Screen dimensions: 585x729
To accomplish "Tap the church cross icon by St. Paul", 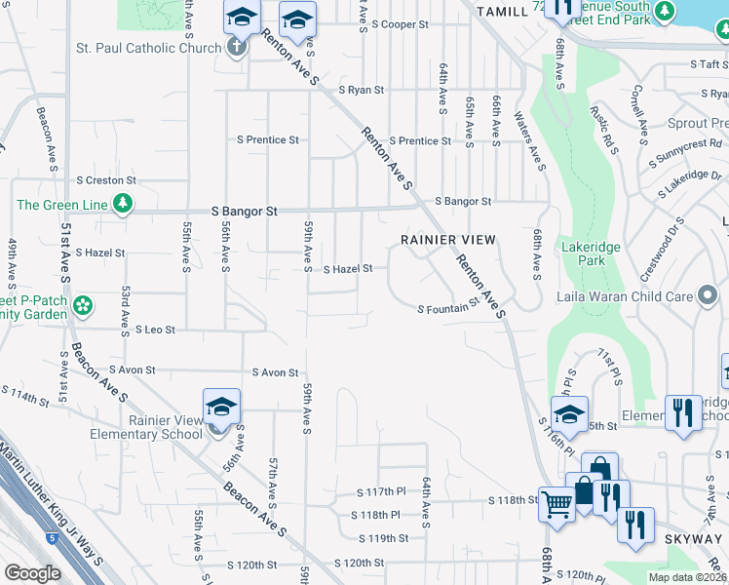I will click(236, 48).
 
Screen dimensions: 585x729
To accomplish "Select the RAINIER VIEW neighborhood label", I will click(449, 239).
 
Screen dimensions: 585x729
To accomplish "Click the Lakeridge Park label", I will click(591, 254).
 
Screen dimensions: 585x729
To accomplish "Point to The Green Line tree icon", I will click(123, 204).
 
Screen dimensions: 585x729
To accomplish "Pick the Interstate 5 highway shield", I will click(50, 536).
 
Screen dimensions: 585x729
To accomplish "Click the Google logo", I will click(32, 573).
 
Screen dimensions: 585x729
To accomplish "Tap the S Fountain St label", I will click(449, 309).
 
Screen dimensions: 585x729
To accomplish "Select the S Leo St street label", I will click(155, 331).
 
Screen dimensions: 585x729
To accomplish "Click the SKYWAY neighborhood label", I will click(693, 539).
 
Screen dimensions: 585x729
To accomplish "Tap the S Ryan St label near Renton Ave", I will click(362, 90).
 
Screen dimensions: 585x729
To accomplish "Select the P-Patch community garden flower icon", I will click(84, 305).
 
